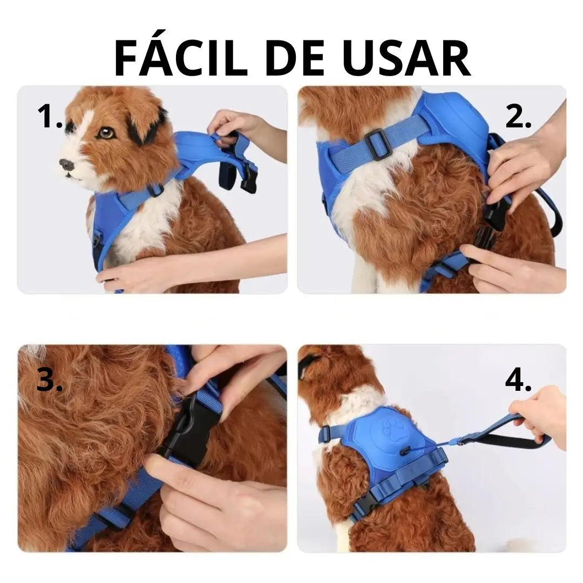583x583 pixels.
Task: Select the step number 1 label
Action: click(50, 117)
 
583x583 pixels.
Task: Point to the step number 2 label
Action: click(518, 117)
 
